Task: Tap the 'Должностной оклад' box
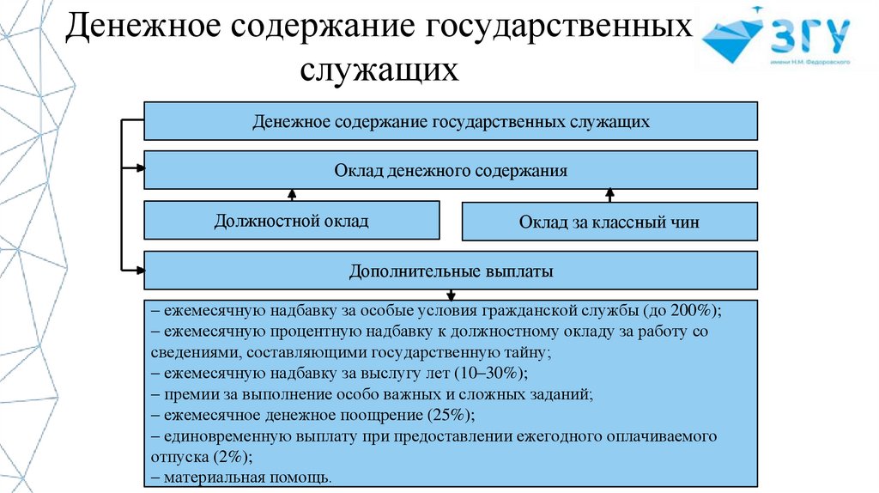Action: tap(291, 221)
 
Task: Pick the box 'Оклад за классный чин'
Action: tap(609, 222)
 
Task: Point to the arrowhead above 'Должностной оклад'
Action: tap(292, 194)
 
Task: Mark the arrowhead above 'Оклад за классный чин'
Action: tap(609, 194)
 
